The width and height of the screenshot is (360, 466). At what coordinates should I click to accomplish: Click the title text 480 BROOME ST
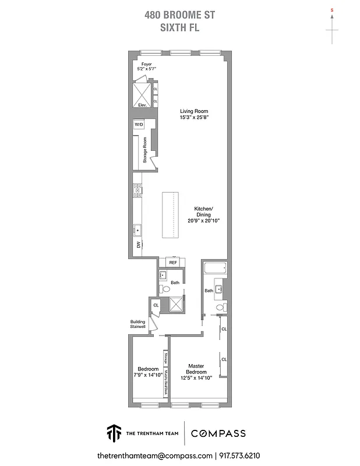tap(179, 17)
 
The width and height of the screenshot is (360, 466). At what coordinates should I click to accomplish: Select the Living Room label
tap(193, 111)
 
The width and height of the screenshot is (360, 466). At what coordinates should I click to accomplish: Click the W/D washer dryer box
tap(139, 125)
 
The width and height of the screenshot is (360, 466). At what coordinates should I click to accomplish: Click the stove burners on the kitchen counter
tap(137, 188)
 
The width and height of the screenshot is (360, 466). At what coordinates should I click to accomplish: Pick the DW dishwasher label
tap(138, 245)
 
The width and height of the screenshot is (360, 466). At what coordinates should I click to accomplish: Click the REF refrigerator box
tap(173, 263)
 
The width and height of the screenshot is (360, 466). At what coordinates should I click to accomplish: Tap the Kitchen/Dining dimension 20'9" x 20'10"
tap(203, 221)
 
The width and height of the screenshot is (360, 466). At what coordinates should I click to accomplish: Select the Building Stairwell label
tap(139, 324)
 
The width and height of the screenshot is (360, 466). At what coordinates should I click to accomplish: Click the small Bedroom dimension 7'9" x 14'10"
tap(148, 376)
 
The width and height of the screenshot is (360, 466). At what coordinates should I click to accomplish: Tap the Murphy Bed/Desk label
tap(166, 383)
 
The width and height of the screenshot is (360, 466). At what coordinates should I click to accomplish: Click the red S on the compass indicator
tap(331, 10)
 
